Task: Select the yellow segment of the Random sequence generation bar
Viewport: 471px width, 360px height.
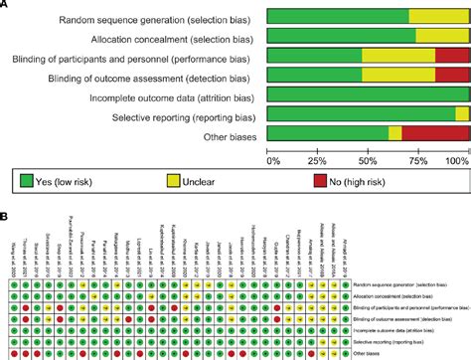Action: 438,16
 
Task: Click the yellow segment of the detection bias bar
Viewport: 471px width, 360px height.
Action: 398,75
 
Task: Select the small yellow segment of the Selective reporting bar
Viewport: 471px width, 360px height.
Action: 462,113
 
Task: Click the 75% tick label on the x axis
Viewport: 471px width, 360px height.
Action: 418,159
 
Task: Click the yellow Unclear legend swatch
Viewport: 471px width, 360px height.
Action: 173,180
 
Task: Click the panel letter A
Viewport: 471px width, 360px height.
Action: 6,5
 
